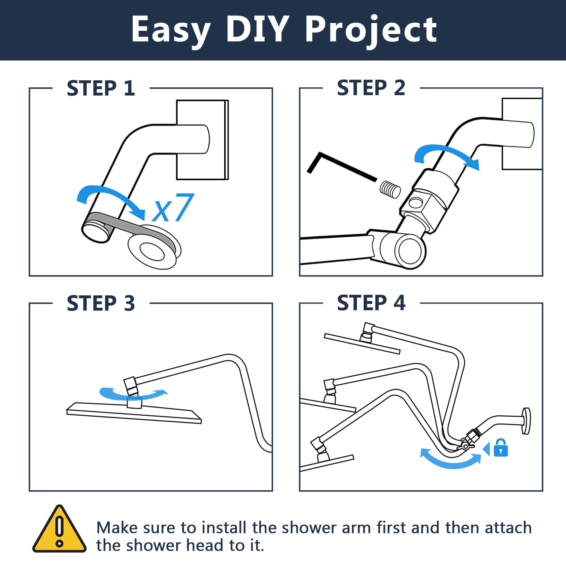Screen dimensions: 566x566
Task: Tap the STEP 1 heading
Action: click(101, 88)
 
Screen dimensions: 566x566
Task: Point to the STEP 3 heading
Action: click(101, 303)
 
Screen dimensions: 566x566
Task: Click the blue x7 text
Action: click(173, 208)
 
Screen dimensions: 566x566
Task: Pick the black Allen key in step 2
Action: click(340, 166)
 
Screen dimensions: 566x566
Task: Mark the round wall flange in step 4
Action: click(526, 421)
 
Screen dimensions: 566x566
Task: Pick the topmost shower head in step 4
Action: click(362, 343)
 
